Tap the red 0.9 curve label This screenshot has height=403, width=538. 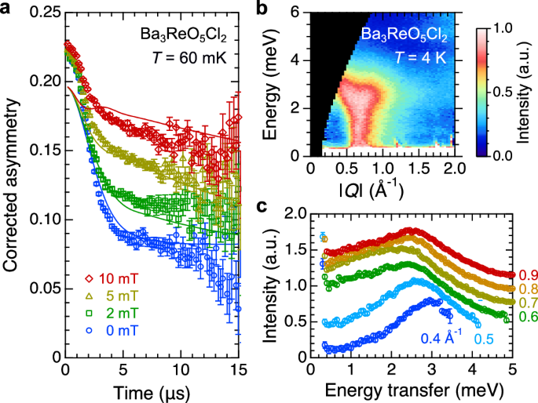point(525,275)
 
